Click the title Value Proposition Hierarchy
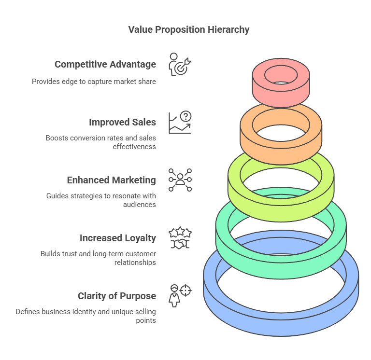(188, 30)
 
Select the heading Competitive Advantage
(105, 65)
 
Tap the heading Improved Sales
(122, 123)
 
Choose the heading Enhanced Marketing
(111, 180)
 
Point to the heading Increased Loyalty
(117, 238)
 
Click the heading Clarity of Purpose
(116, 296)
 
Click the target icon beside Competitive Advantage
(180, 65)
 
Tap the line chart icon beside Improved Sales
(180, 123)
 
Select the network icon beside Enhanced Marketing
(180, 180)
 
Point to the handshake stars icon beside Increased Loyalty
(180, 238)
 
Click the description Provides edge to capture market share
(94, 82)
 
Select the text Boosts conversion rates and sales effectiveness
(100, 142)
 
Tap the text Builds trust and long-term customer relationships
(98, 258)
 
